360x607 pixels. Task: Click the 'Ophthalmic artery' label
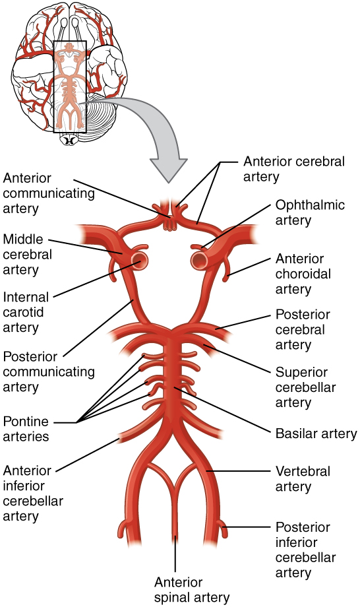(x=310, y=212)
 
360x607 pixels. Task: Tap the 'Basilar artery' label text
(x=315, y=434)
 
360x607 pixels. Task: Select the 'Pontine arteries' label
(x=29, y=428)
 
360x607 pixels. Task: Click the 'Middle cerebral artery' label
(x=27, y=254)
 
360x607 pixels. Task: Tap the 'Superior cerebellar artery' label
(x=303, y=387)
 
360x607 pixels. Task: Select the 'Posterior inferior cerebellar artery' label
(x=305, y=550)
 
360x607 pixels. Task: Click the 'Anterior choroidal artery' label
(x=303, y=274)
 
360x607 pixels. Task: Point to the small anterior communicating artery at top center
(x=170, y=219)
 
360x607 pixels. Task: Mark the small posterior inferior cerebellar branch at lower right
(x=223, y=528)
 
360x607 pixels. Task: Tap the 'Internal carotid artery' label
(x=27, y=311)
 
